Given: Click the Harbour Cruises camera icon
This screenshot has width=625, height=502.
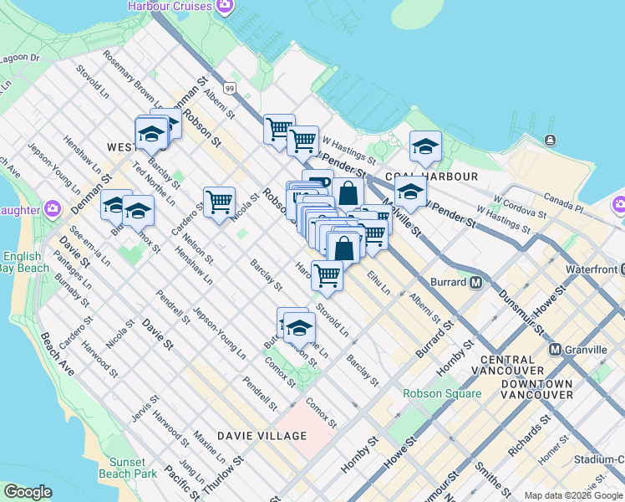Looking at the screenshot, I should pos(224,7).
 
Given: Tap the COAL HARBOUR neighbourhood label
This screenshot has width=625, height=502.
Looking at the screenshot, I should pos(444,177).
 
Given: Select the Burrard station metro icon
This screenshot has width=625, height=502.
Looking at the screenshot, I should pos(475,282).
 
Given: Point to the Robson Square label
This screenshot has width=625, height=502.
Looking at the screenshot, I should pos(442,393).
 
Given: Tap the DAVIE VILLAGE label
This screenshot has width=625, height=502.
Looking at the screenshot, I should pos(262,436).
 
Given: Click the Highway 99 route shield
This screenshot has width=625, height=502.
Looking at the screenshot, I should pos(229,88).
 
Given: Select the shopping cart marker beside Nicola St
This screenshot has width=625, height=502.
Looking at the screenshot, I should pos(219,202).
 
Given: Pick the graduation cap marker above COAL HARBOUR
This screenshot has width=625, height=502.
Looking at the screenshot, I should pos(425,146).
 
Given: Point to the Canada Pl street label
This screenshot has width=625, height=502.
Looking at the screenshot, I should pos(567,202).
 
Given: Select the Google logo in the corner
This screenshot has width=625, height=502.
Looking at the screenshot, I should pos(28,492).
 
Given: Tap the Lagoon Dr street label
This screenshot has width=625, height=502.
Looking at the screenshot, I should pos(22,59).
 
